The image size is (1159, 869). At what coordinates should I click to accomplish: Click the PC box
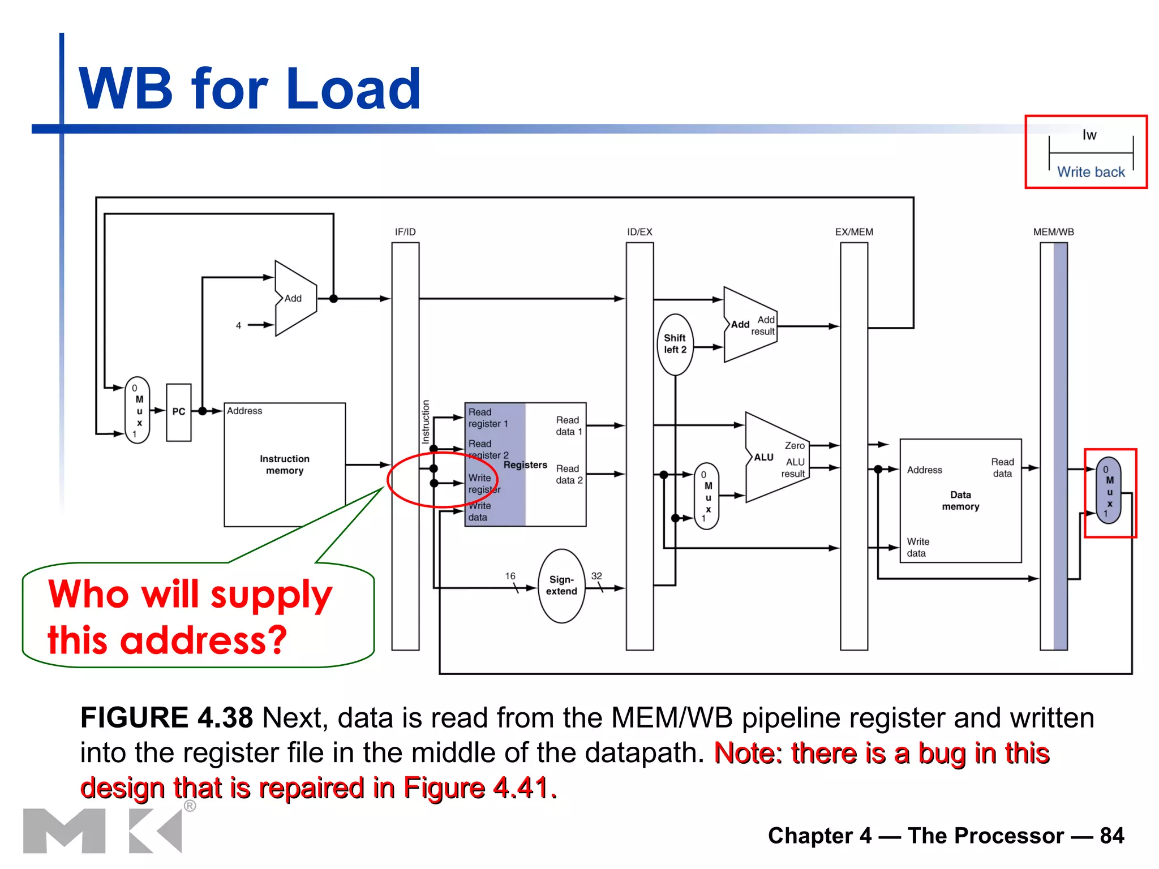tap(178, 412)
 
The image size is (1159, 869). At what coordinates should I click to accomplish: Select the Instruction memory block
tap(284, 464)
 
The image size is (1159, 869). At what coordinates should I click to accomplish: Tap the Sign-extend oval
tap(561, 586)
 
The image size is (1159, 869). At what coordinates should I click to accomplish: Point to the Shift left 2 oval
tap(675, 344)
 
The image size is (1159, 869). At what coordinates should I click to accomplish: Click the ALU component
tap(775, 457)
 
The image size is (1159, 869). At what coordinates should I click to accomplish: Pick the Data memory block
tap(960, 500)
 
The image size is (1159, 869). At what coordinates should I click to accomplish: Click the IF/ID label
tap(405, 232)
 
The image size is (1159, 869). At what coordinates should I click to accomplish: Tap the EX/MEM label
tap(854, 232)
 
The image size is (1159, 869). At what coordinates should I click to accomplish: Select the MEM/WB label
tap(1053, 232)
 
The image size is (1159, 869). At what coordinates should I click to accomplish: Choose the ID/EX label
tap(639, 232)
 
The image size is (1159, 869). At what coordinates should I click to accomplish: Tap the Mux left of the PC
tap(138, 410)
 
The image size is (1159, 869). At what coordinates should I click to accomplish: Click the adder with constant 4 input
tap(295, 298)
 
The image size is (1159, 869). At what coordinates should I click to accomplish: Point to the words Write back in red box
tap(1091, 172)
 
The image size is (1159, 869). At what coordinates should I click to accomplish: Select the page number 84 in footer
tap(1111, 836)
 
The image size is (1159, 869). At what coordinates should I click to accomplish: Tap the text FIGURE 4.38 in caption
tap(166, 718)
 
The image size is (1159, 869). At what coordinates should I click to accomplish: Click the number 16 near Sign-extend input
tap(510, 576)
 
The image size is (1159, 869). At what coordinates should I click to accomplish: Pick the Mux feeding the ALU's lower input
tap(706, 496)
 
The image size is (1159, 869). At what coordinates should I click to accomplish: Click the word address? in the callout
tap(204, 640)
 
